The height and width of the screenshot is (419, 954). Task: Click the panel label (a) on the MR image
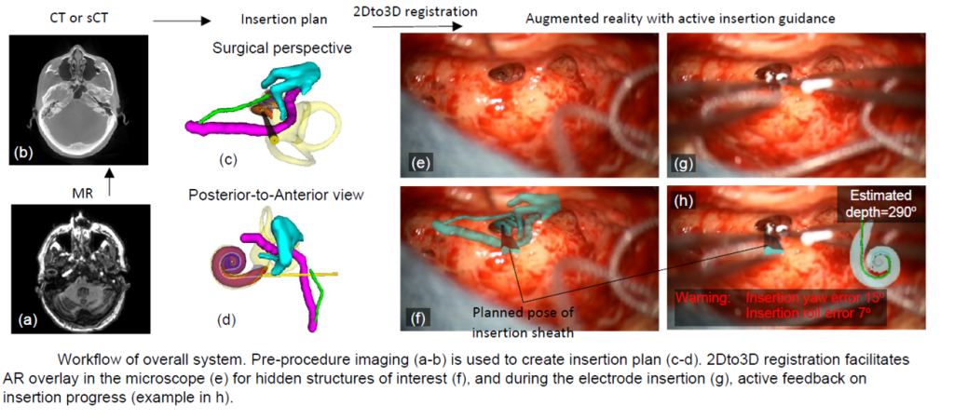pos(27,321)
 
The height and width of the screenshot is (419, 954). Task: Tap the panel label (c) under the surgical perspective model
pos(227,159)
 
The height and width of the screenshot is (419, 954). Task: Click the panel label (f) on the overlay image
pos(419,315)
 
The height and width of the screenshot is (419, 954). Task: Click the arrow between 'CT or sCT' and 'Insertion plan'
pos(179,18)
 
